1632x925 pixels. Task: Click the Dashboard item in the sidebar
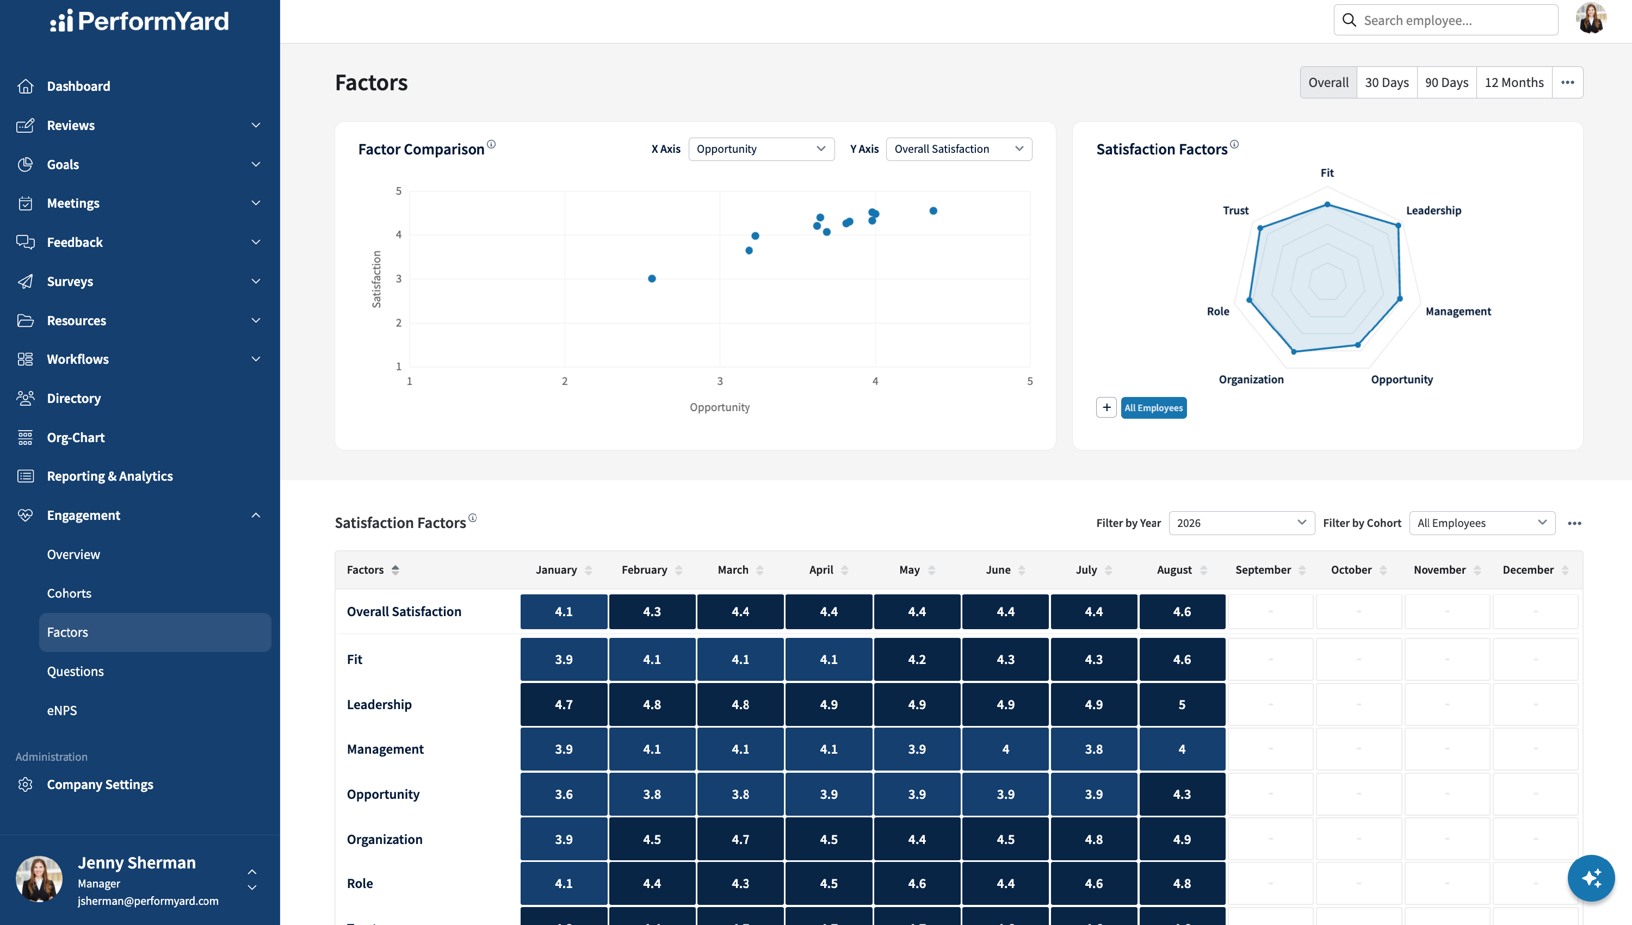78,86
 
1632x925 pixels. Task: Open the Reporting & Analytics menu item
109,476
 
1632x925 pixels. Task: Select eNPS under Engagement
61,710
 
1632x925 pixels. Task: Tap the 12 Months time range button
1514,83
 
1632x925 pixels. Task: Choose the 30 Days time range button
1387,83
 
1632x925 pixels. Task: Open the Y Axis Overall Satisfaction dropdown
959,148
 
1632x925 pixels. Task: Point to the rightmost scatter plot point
933,211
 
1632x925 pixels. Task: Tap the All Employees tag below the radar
1153,408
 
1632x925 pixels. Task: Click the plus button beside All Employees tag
1106,407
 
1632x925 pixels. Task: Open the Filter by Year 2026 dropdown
1242,523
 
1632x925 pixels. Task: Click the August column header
1174,570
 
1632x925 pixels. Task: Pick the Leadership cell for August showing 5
1182,705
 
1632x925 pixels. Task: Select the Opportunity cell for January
564,794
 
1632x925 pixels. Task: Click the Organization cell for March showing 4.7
740,839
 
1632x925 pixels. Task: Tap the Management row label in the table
385,749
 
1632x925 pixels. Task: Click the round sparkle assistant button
1591,878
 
